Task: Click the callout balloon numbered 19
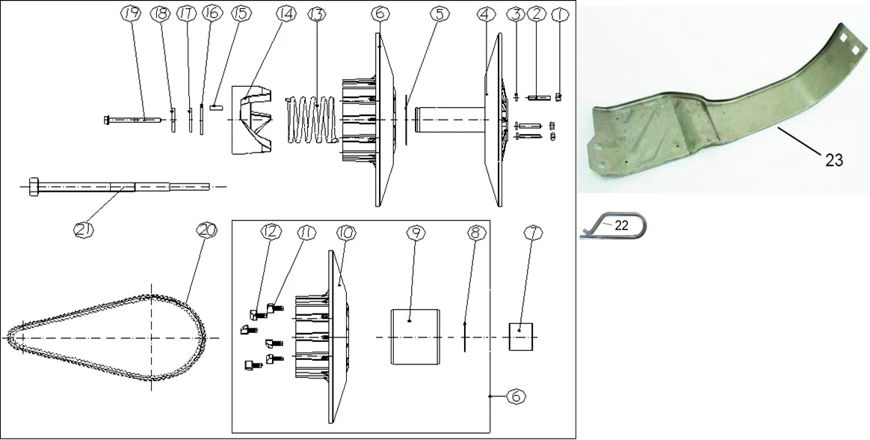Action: [131, 14]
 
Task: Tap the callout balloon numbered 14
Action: [286, 14]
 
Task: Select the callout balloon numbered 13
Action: [316, 14]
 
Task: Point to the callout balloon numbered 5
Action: [439, 14]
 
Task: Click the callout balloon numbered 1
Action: [560, 14]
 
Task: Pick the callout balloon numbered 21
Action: [83, 230]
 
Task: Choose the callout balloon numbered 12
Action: [271, 233]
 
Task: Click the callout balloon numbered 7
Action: [533, 233]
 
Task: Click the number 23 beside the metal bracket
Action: [834, 160]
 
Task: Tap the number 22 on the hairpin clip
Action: [621, 226]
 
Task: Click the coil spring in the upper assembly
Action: [312, 120]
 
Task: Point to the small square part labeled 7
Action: [521, 337]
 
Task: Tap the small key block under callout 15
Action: [216, 108]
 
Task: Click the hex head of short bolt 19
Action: [107, 120]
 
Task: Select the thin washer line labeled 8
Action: [464, 337]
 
